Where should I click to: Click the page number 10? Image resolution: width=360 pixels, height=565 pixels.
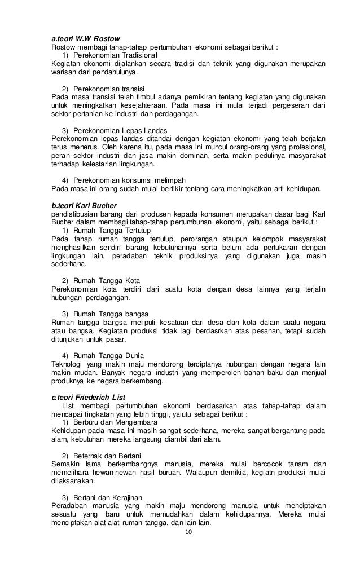(x=189, y=533)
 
